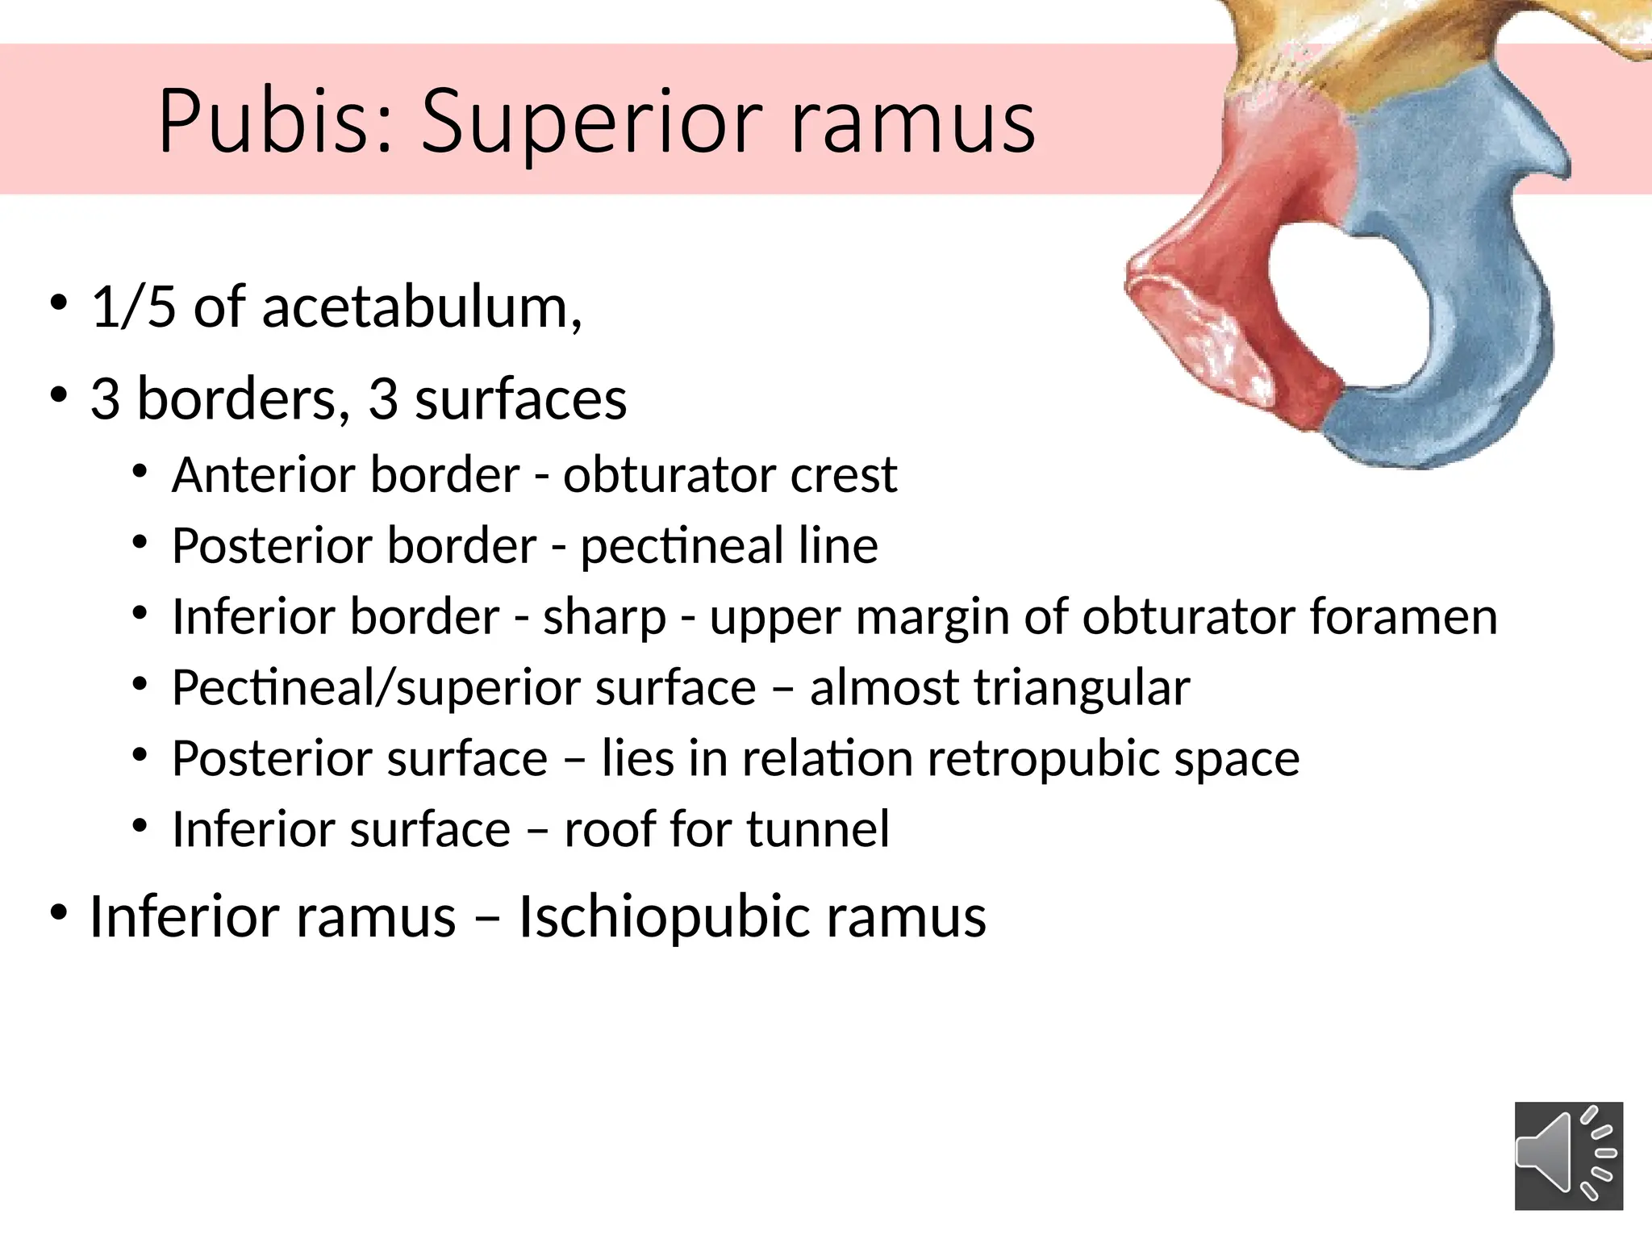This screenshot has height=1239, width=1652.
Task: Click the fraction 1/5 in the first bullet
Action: tap(133, 307)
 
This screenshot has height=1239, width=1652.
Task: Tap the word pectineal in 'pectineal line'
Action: tap(682, 546)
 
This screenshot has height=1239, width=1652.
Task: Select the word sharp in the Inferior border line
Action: tap(604, 617)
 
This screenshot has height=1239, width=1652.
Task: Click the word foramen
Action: tap(1403, 617)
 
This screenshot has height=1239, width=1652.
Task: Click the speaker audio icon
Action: tap(1568, 1155)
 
